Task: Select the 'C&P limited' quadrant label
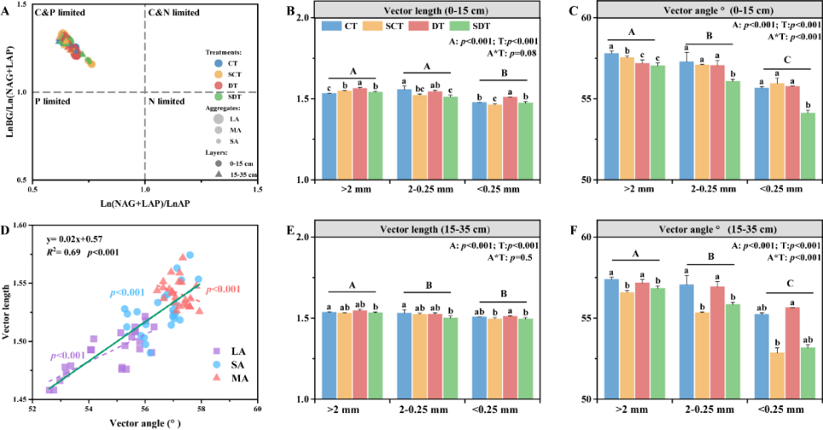[x=60, y=13]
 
